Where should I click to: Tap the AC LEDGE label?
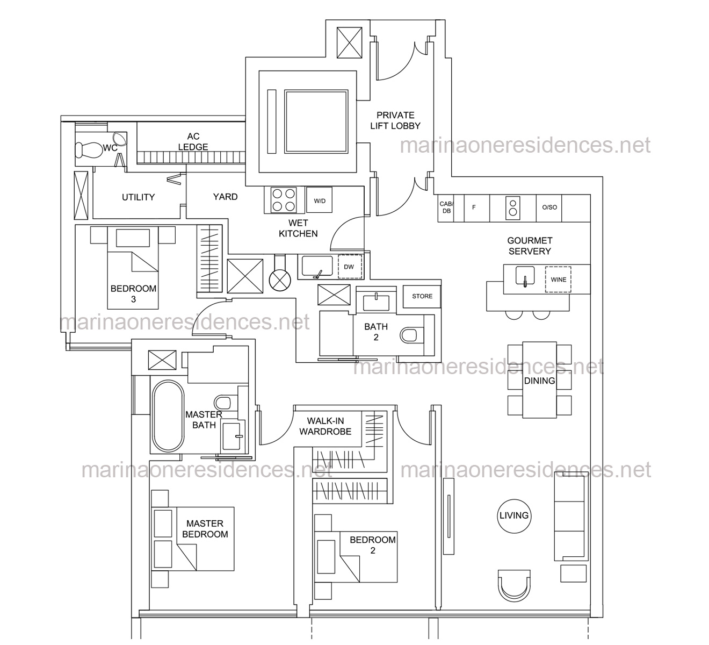point(193,141)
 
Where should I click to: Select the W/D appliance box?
point(319,200)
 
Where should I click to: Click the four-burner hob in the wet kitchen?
point(284,200)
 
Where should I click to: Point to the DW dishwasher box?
point(350,267)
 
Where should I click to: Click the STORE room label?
point(422,296)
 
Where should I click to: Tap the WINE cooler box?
point(558,279)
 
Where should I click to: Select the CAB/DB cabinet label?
point(446,207)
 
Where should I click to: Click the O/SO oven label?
point(549,207)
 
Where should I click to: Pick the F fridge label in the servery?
point(474,207)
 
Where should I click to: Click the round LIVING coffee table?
point(514,516)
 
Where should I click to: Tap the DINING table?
point(539,379)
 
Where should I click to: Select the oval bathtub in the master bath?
point(168,416)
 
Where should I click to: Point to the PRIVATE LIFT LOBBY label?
point(395,120)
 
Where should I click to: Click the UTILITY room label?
point(138,197)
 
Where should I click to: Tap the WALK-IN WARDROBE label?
point(325,426)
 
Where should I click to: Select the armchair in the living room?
point(514,585)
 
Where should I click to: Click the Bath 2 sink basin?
point(376,303)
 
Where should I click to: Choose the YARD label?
point(225,197)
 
